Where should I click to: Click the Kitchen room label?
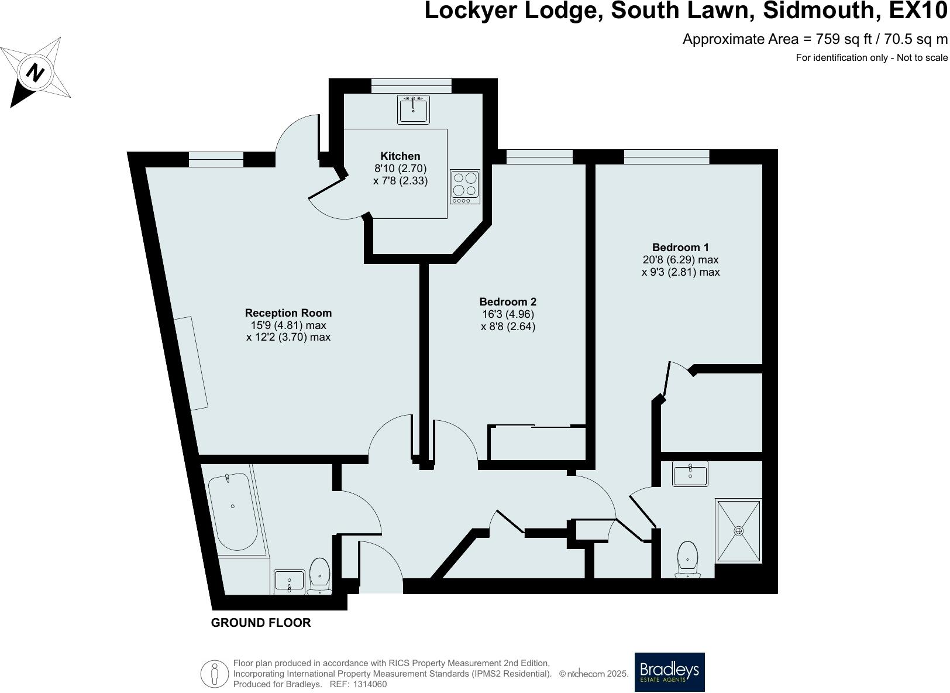400,156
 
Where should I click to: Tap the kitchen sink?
413,109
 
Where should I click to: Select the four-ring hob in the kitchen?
465,187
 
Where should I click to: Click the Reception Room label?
288,313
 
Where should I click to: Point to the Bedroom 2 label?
508,302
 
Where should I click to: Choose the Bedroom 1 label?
680,247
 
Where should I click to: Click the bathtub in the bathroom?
233,512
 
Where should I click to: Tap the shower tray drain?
738,531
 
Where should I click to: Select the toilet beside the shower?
687,560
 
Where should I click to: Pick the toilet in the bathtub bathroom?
319,577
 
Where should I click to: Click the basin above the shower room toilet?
690,474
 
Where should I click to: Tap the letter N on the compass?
35,72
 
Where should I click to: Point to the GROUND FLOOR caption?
261,623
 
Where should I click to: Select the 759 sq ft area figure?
843,39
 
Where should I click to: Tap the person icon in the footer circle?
215,673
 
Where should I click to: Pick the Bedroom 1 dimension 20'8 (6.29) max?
680,260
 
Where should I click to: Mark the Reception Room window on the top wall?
216,160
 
